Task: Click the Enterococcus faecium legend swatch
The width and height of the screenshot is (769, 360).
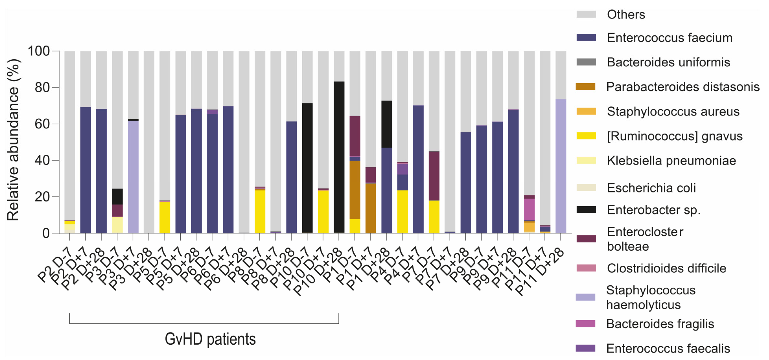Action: point(586,38)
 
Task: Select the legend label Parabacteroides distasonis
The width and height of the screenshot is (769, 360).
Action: point(682,87)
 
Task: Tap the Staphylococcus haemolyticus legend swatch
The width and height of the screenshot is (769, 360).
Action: point(585,297)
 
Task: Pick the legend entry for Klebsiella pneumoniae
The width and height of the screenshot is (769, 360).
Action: point(671,160)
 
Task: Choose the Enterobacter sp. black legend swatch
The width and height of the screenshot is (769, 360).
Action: point(586,210)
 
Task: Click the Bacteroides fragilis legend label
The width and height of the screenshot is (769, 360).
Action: point(660,324)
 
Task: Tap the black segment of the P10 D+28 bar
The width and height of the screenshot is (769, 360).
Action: point(339,157)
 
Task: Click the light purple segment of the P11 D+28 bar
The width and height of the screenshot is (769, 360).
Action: point(561,166)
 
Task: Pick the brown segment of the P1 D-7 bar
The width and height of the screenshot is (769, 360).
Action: point(355,190)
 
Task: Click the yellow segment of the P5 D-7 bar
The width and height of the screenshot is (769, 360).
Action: point(165,218)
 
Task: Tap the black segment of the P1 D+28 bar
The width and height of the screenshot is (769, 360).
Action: point(386,124)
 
